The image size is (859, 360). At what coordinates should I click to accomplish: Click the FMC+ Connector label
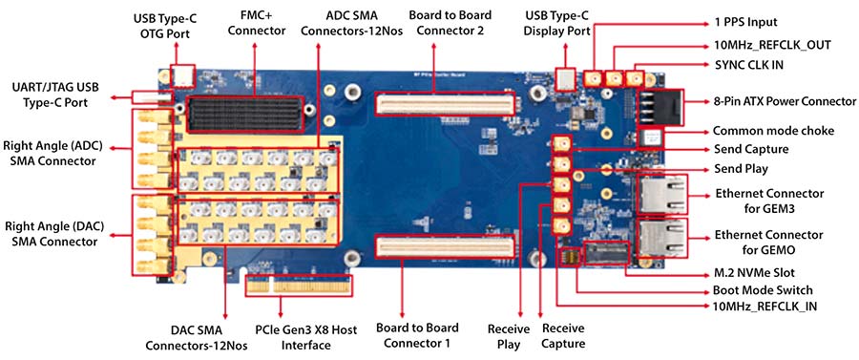[257, 24]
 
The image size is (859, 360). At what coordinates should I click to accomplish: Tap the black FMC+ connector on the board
[245, 114]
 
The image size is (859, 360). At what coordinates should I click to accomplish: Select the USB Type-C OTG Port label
[165, 27]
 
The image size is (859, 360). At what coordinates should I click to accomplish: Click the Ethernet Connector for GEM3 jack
[661, 194]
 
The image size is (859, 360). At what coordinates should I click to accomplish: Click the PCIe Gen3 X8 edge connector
[298, 285]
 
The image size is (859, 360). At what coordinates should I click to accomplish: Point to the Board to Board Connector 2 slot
[445, 103]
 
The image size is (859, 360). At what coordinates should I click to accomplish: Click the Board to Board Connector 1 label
[417, 336]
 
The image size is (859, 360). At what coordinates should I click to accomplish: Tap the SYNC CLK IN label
[748, 64]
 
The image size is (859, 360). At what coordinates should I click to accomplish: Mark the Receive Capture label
[563, 336]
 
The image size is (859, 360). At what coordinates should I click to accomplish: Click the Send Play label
[742, 169]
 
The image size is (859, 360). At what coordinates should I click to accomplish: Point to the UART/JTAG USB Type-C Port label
[58, 95]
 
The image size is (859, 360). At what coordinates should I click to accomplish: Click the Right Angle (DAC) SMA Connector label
[53, 233]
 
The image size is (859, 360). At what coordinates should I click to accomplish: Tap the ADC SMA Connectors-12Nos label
[351, 24]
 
